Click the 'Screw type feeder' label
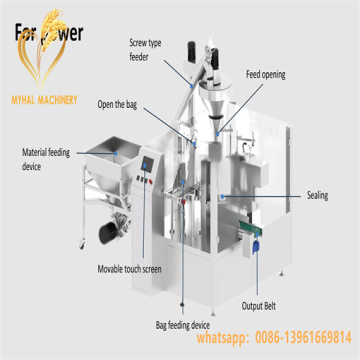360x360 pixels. [x=145, y=50]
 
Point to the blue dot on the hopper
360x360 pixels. [x=117, y=152]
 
